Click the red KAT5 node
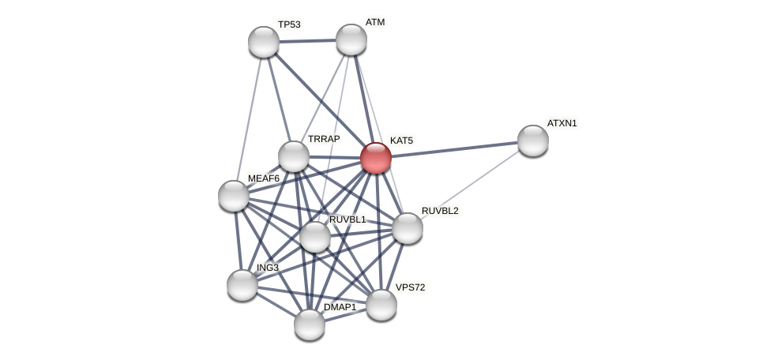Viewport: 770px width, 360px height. pyautogui.click(x=376, y=158)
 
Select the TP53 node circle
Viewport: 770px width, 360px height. pyautogui.click(x=264, y=42)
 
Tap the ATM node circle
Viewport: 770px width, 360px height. pyautogui.click(x=351, y=39)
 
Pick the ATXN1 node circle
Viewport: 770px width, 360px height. pyautogui.click(x=533, y=141)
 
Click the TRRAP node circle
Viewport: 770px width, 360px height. pyautogui.click(x=294, y=156)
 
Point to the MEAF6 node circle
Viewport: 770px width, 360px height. pyautogui.click(x=234, y=196)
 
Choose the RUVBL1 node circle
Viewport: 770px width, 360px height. pyautogui.click(x=315, y=237)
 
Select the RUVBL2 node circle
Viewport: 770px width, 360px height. pyautogui.click(x=408, y=228)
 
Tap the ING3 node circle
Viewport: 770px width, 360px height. pyautogui.click(x=242, y=285)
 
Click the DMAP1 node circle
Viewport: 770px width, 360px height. pyautogui.click(x=310, y=324)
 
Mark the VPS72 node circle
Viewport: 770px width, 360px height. pyautogui.click(x=381, y=305)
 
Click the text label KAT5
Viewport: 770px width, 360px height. pyautogui.click(x=401, y=141)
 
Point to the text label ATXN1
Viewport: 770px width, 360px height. pyautogui.click(x=562, y=123)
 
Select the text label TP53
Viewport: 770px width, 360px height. pyautogui.click(x=289, y=24)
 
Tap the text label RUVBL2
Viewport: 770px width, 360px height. pyautogui.click(x=439, y=211)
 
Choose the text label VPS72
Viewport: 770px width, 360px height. pyautogui.click(x=410, y=287)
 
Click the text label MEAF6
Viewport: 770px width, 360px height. pyautogui.click(x=264, y=178)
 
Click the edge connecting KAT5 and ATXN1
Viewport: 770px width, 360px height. pyautogui.click(x=454, y=149)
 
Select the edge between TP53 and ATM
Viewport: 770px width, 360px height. pyautogui.click(x=307, y=40)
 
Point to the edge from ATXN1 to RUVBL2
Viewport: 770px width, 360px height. pyautogui.click(x=474, y=182)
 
